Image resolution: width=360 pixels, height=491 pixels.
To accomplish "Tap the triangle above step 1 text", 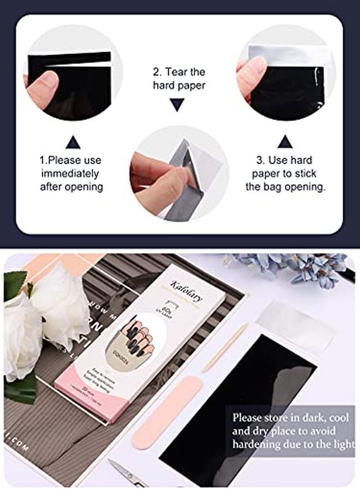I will [x=73, y=142].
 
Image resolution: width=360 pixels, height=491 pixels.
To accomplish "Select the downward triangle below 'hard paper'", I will [x=177, y=104].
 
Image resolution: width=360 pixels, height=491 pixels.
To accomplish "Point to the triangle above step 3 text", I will [x=285, y=142].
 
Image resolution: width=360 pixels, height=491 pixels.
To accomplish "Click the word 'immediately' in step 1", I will [x=70, y=173].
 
